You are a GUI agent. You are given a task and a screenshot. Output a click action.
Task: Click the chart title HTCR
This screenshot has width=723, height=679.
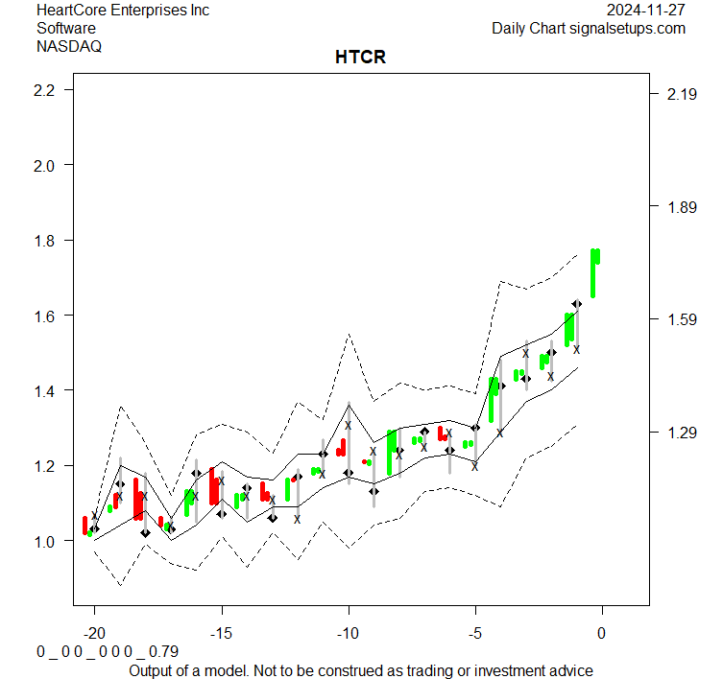click(360, 58)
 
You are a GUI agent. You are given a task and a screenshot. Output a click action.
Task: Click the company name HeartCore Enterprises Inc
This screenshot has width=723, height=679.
click(123, 11)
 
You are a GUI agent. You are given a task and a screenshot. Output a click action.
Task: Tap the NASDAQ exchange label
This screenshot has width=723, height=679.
click(69, 45)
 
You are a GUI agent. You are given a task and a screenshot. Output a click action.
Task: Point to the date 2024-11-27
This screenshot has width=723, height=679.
click(646, 11)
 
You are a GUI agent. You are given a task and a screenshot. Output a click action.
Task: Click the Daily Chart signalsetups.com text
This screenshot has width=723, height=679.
click(589, 28)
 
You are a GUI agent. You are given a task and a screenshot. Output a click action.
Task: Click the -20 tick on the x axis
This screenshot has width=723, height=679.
click(94, 634)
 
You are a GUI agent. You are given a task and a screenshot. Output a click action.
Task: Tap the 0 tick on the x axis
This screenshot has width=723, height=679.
click(602, 634)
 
